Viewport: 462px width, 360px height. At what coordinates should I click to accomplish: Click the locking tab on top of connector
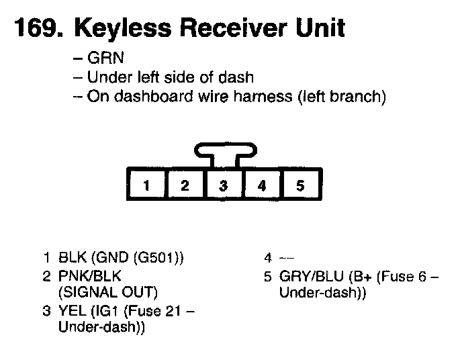point(224,152)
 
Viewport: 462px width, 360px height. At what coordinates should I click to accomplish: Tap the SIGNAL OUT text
point(107,292)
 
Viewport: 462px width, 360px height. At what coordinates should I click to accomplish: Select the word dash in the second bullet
point(240,78)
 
